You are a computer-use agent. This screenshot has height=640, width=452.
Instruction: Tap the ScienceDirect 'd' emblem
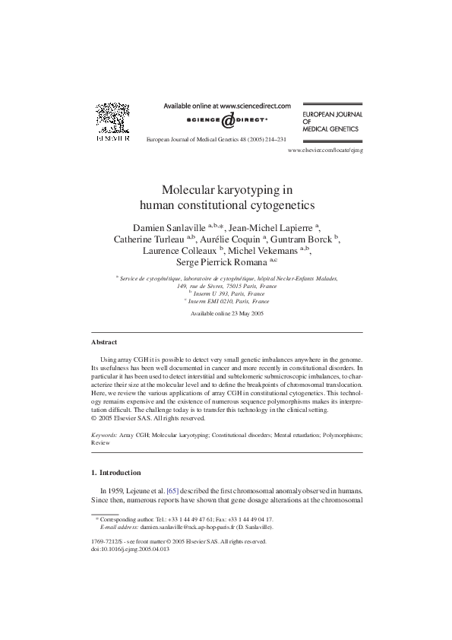point(226,121)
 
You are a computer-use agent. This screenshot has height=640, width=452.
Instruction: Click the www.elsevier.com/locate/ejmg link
point(326,151)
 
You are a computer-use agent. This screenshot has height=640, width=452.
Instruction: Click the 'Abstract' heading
point(104,342)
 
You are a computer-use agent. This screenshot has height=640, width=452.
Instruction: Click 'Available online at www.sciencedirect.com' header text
point(226,106)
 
